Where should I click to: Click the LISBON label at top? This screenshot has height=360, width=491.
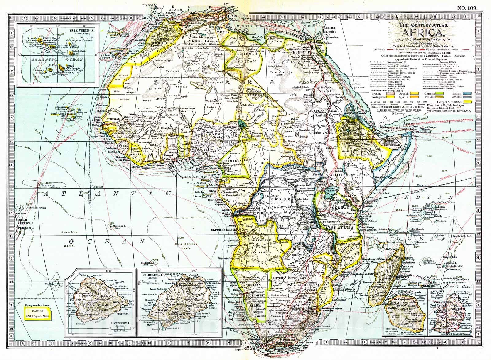pos(148,5)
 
